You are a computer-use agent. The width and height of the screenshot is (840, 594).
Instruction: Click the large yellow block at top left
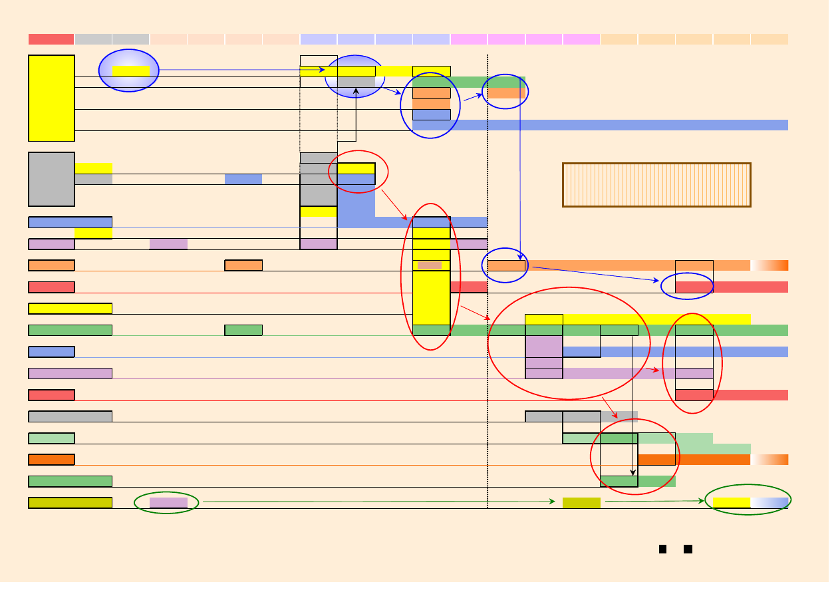pyautogui.click(x=51, y=98)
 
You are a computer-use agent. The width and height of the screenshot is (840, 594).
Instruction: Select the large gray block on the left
pyautogui.click(x=51, y=179)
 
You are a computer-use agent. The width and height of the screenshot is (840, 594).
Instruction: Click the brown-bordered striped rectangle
pyautogui.click(x=656, y=185)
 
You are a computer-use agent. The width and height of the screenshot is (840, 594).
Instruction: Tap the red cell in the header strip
pyautogui.click(x=51, y=39)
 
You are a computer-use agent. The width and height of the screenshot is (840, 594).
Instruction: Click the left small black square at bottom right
pyautogui.click(x=662, y=549)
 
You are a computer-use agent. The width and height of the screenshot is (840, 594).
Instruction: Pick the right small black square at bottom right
pyautogui.click(x=688, y=549)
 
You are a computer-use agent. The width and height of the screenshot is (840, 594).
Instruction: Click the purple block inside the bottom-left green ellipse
pyautogui.click(x=168, y=502)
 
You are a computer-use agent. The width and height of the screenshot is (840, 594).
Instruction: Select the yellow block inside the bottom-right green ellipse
pyautogui.click(x=732, y=502)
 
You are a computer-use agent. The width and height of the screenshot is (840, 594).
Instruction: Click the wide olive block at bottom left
pyautogui.click(x=70, y=502)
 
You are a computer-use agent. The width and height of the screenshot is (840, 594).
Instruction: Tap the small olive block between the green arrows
pyautogui.click(x=581, y=502)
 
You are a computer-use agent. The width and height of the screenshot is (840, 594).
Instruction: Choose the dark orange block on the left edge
pyautogui.click(x=51, y=460)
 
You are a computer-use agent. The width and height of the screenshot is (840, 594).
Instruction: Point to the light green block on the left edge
pyautogui.click(x=51, y=438)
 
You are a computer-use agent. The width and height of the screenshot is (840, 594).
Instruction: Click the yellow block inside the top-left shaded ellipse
pyautogui.click(x=131, y=71)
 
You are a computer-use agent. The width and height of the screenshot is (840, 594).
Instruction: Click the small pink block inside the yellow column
pyautogui.click(x=430, y=265)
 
